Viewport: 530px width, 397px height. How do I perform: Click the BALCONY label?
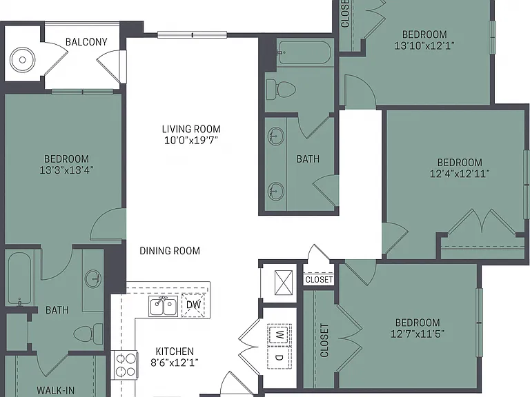pyautogui.click(x=86, y=42)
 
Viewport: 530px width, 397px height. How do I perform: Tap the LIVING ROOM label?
pyautogui.click(x=191, y=129)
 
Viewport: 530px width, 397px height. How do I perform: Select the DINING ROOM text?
pyautogui.click(x=170, y=250)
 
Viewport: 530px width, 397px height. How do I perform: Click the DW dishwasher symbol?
pyautogui.click(x=193, y=305)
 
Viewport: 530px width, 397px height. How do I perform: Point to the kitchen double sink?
pyautogui.click(x=164, y=307)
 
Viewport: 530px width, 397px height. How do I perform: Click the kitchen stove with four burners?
pyautogui.click(x=126, y=365)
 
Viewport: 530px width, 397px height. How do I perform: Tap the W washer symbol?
pyautogui.click(x=279, y=335)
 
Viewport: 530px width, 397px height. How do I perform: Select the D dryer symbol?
pyautogui.click(x=279, y=357)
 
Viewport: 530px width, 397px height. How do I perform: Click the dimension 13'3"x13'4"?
pyautogui.click(x=66, y=170)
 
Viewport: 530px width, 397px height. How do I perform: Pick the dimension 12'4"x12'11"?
pyautogui.click(x=460, y=174)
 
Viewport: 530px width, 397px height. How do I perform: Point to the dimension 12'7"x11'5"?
pyautogui.click(x=418, y=334)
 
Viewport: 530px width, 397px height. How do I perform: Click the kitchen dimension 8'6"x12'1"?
pyautogui.click(x=175, y=363)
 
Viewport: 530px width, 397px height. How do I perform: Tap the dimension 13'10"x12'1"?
pyautogui.click(x=424, y=45)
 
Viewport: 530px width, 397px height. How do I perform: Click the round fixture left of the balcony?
pyautogui.click(x=23, y=60)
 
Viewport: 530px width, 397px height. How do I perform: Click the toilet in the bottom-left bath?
pyautogui.click(x=88, y=334)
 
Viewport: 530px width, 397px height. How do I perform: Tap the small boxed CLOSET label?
pyautogui.click(x=319, y=280)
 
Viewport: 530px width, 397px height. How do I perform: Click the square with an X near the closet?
pyautogui.click(x=284, y=283)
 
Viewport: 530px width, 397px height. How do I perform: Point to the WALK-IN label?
pyautogui.click(x=55, y=391)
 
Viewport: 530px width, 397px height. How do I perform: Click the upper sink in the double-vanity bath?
pyautogui.click(x=276, y=136)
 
